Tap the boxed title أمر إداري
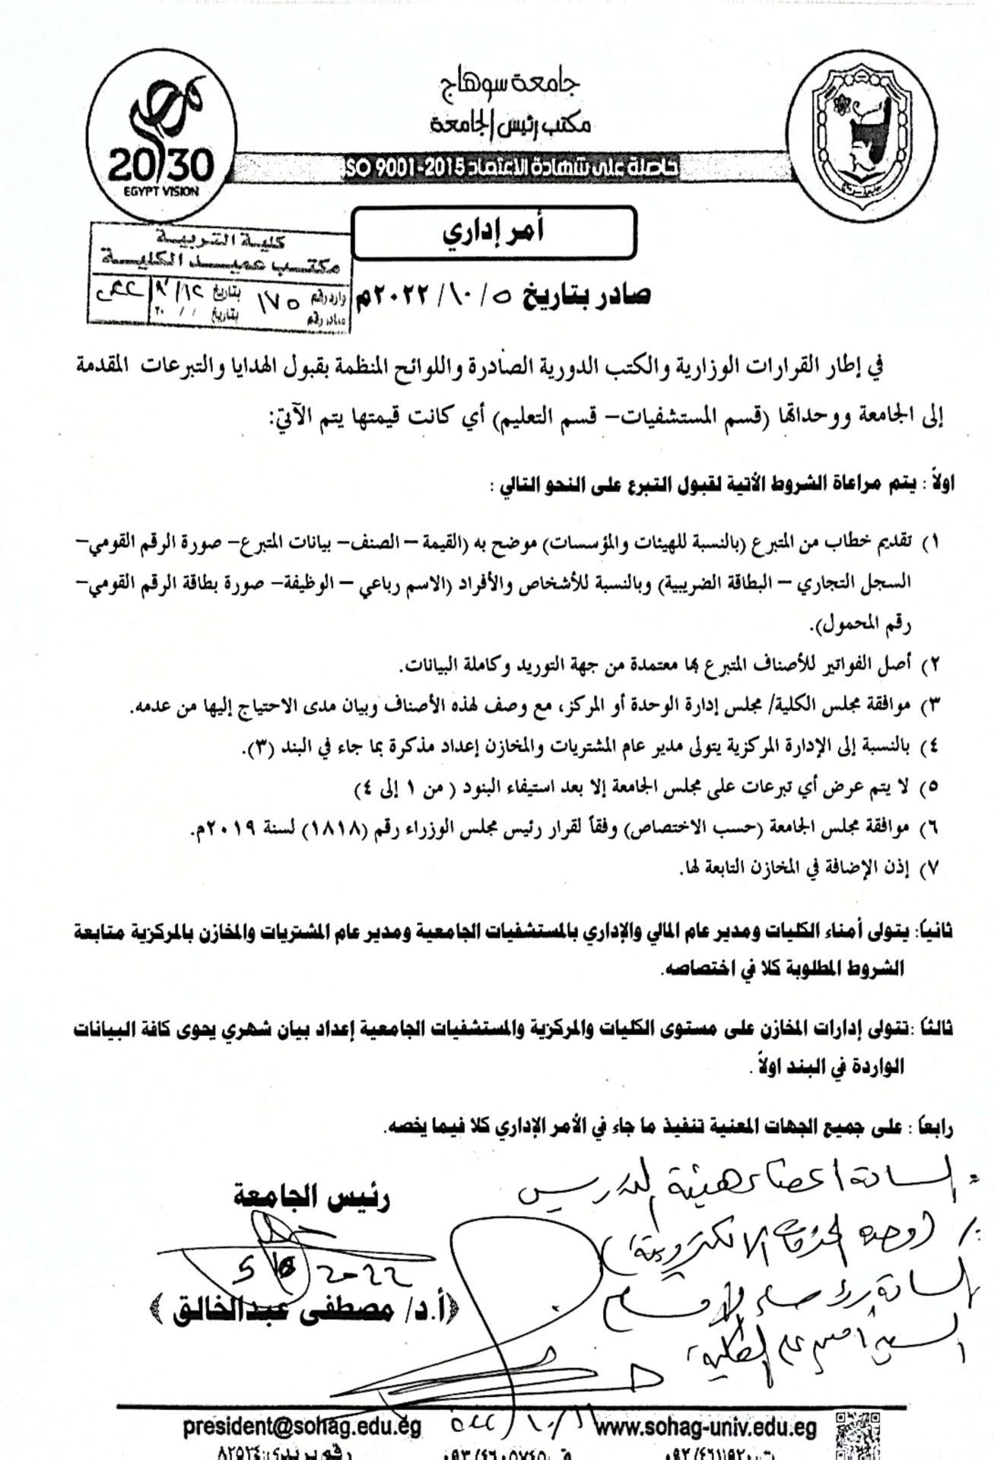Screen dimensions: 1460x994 [x=494, y=233]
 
